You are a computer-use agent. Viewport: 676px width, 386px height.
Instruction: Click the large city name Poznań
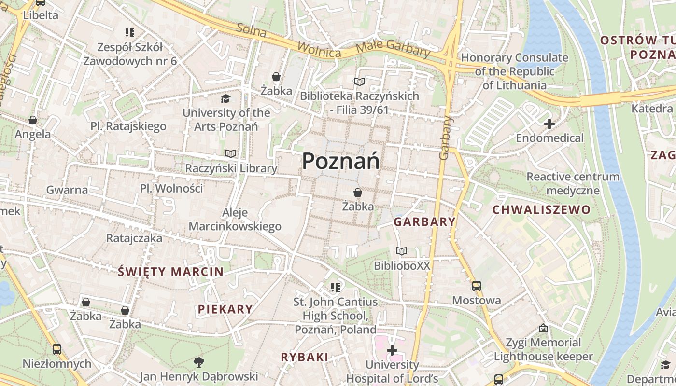(340, 161)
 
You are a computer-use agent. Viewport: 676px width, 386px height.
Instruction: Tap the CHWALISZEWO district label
(541, 209)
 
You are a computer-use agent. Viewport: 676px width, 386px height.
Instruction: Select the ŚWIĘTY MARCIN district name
(171, 271)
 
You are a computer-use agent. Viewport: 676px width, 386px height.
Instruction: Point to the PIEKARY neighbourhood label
(225, 309)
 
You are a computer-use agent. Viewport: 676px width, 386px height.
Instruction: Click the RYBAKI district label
(305, 357)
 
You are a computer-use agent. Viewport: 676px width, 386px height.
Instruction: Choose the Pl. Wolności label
(171, 188)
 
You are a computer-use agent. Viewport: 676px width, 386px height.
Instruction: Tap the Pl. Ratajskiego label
(128, 126)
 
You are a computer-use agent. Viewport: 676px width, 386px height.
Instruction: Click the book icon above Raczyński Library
(231, 153)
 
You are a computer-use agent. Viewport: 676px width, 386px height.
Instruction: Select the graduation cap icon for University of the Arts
(225, 99)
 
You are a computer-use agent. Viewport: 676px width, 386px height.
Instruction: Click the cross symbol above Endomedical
(549, 124)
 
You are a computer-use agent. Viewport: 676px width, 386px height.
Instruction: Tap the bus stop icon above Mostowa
(477, 286)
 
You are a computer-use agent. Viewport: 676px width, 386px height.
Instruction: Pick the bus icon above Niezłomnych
(56, 349)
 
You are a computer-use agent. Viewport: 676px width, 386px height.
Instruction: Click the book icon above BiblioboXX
(402, 251)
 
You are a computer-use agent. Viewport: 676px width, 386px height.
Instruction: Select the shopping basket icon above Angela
(33, 120)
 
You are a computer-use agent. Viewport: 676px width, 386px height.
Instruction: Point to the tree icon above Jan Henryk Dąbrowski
(198, 361)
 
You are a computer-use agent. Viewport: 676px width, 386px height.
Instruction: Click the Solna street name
(252, 30)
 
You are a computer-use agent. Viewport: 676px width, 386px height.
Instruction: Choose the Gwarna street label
(67, 190)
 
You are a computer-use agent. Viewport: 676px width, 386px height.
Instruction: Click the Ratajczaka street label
(134, 238)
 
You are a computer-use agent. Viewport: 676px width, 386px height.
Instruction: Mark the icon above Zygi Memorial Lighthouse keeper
(543, 329)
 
